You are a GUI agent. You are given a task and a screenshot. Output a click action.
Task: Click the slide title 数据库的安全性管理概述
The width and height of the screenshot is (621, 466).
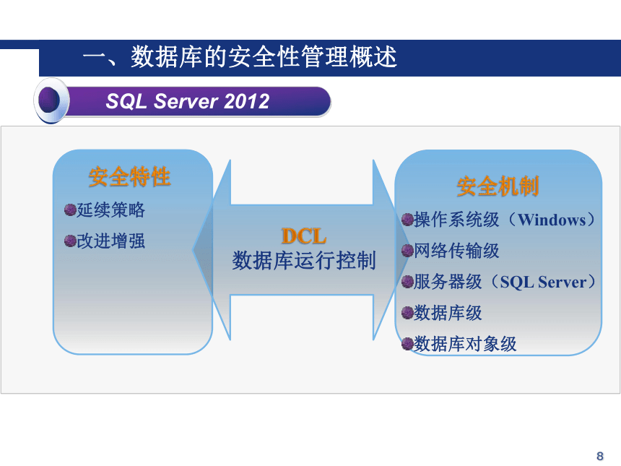(x=264, y=56)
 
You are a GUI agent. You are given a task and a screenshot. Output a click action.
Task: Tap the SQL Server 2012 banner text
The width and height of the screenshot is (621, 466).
(x=188, y=101)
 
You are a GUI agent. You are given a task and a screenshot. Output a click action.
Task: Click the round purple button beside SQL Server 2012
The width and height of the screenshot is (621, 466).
(x=51, y=100)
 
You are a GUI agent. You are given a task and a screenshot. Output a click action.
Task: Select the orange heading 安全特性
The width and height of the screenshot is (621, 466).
(x=129, y=176)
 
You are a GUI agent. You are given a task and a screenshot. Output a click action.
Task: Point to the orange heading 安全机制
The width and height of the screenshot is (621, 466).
(x=498, y=186)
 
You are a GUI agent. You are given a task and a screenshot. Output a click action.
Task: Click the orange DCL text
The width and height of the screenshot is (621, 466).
(x=304, y=236)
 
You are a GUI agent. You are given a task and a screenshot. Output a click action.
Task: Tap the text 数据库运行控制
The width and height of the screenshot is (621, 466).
(x=304, y=260)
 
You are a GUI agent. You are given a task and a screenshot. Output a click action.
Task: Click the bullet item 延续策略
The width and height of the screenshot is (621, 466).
(x=111, y=210)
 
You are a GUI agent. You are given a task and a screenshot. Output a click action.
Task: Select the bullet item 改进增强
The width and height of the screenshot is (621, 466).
(x=111, y=241)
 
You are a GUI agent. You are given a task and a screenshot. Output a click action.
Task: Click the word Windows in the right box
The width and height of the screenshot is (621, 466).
(x=552, y=220)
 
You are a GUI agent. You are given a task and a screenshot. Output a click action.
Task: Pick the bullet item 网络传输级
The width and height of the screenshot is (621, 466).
(x=456, y=251)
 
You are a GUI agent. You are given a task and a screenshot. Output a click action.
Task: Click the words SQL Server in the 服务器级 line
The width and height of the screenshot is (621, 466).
(x=543, y=282)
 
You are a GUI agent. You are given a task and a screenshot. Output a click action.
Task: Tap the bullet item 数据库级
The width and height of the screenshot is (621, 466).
(x=448, y=313)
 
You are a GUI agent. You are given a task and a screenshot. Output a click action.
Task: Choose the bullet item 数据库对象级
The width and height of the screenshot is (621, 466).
(x=465, y=344)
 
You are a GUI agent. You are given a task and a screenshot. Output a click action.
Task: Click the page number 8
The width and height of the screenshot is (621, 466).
(x=600, y=456)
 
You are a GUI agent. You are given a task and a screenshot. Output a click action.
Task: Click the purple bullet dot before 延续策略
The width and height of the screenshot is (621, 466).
(x=70, y=210)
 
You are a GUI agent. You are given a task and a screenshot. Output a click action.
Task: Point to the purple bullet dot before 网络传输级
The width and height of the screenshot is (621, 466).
(x=407, y=251)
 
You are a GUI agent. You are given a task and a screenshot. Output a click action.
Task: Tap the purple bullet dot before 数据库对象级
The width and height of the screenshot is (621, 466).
(x=407, y=344)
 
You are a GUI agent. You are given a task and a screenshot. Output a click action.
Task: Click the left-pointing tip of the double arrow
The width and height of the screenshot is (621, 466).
(x=193, y=250)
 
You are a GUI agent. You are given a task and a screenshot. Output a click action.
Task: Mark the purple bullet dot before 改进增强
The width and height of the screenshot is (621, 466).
(x=70, y=241)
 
